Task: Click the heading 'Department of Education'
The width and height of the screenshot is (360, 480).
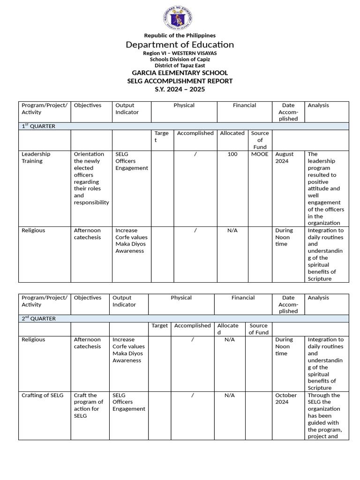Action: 180,45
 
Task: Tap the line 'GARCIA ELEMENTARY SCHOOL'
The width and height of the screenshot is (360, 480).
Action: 180,73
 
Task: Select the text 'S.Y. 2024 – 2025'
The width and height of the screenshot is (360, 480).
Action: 180,89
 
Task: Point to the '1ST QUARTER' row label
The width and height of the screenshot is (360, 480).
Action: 38,126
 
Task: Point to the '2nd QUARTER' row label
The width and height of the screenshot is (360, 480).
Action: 38,318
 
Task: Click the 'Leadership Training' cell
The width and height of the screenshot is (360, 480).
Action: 36,157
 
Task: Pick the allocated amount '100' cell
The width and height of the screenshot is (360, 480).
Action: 232,154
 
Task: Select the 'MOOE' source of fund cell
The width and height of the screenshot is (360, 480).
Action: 260,154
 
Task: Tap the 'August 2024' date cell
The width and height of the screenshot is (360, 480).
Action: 285,157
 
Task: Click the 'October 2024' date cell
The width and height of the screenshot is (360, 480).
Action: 286,398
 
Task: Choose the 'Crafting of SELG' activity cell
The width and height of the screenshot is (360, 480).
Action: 42,395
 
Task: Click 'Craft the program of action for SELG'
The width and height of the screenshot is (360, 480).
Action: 88,405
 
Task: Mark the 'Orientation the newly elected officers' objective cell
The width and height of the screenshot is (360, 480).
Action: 91,178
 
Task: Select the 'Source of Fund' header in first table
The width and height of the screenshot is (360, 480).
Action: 260,140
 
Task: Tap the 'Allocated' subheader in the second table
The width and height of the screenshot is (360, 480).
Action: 227,329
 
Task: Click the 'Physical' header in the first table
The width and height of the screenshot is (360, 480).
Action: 184,105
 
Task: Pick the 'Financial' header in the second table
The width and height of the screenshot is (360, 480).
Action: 243,298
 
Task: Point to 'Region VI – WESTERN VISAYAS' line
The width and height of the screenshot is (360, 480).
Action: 180,53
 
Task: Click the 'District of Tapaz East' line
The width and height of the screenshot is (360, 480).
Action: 180,65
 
